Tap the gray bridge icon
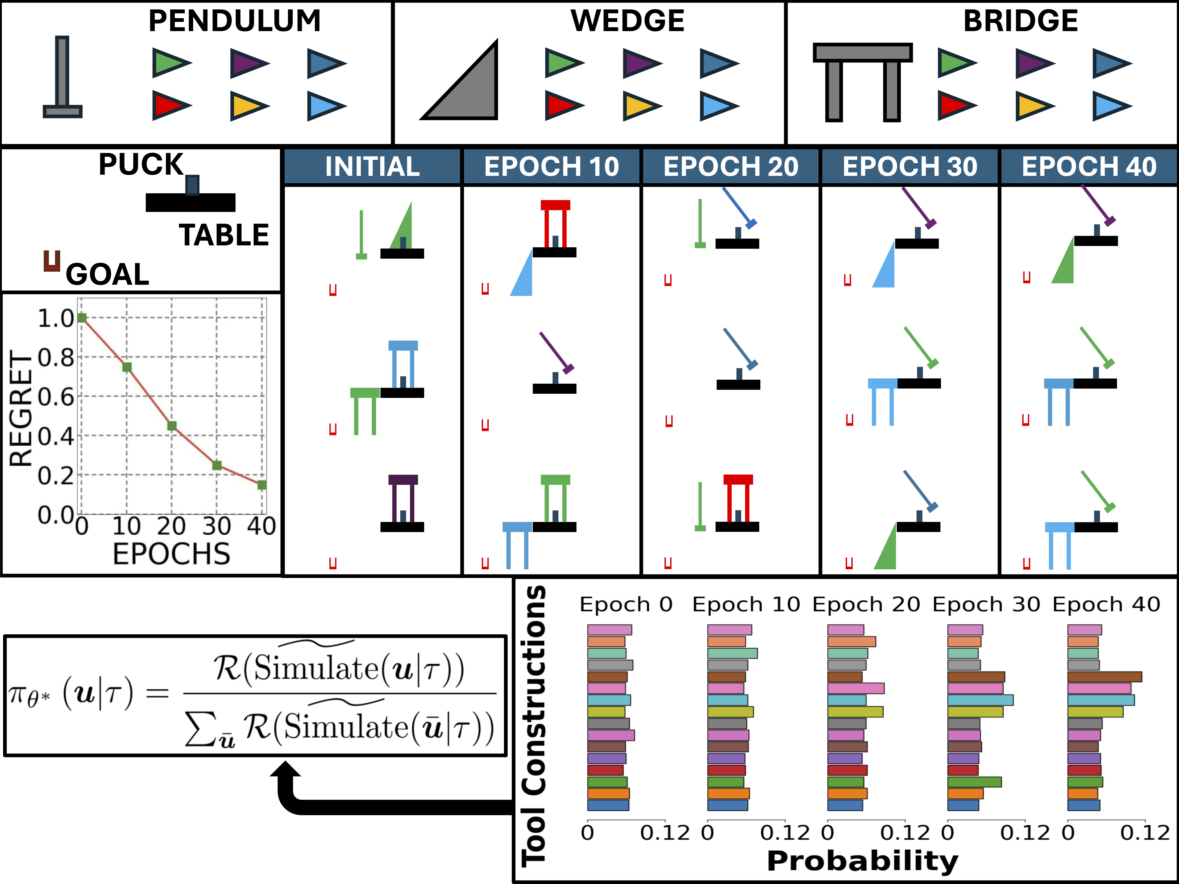point(862,80)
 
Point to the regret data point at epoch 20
point(172,426)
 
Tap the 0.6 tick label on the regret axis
point(56,397)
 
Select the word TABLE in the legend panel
point(224,235)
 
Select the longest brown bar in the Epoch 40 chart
point(1104,677)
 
